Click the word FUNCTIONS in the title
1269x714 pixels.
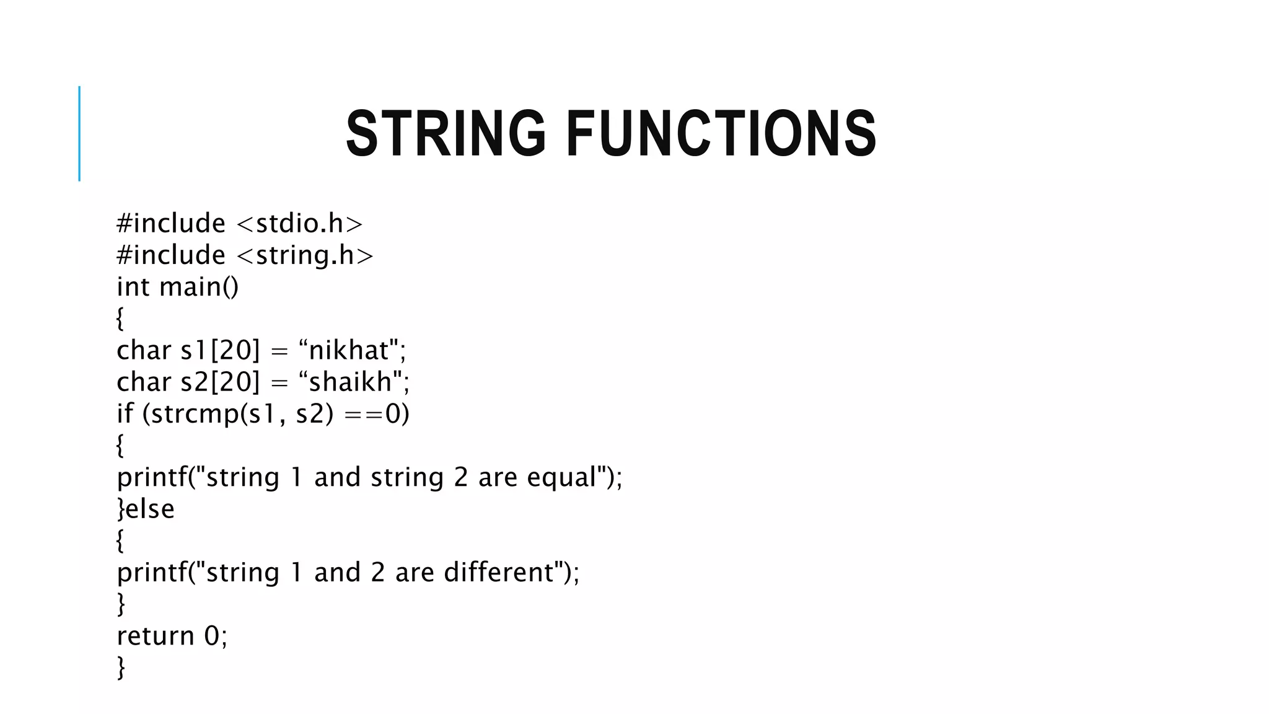pyautogui.click(x=721, y=133)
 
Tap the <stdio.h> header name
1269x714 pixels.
pyautogui.click(x=300, y=224)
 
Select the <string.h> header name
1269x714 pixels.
pyautogui.click(x=305, y=255)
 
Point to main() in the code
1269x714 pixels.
pyautogui.click(x=198, y=287)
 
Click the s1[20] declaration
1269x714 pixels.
pyautogui.click(x=220, y=350)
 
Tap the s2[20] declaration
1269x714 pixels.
pyautogui.click(x=220, y=382)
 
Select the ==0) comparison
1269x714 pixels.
pyautogui.click(x=377, y=413)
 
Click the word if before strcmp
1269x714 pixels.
pyautogui.click(x=125, y=413)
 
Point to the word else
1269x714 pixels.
pyautogui.click(x=150, y=509)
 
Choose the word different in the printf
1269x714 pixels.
pyautogui.click(x=499, y=572)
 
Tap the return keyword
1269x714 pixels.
pyautogui.click(x=155, y=636)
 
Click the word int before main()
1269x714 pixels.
pyautogui.click(x=133, y=287)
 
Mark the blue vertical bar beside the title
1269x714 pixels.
pyautogui.click(x=79, y=133)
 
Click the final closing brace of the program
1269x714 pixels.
pyautogui.click(x=121, y=668)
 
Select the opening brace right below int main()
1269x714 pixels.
pyautogui.click(x=120, y=319)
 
